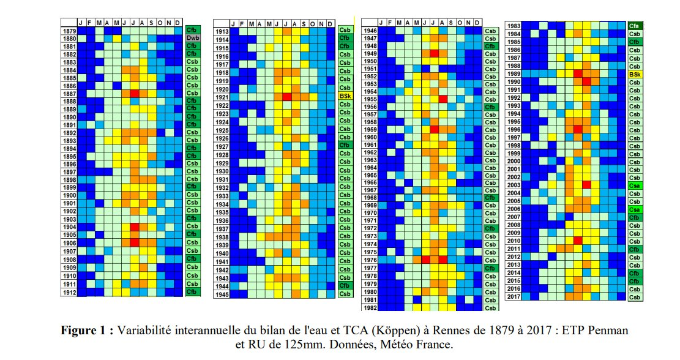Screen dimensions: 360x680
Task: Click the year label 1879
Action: click(x=69, y=29)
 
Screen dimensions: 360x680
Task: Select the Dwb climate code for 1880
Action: click(x=192, y=38)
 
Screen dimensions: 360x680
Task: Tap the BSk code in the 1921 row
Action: click(x=345, y=96)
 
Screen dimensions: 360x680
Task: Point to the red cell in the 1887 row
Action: click(x=135, y=94)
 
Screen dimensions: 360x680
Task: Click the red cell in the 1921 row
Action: click(x=286, y=97)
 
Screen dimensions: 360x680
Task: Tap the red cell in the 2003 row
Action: click(x=586, y=185)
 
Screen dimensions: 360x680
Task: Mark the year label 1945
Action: click(x=222, y=294)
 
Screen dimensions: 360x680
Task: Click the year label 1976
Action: click(x=370, y=260)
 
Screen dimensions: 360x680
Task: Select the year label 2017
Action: click(x=514, y=297)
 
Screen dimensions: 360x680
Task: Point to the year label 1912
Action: click(x=69, y=292)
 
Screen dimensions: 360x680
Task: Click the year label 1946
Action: click(x=370, y=30)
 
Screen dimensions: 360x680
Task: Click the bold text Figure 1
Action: click(x=86, y=331)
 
